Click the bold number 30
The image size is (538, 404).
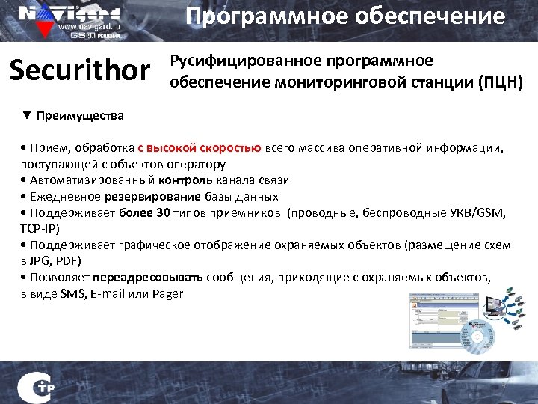coord(163,213)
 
